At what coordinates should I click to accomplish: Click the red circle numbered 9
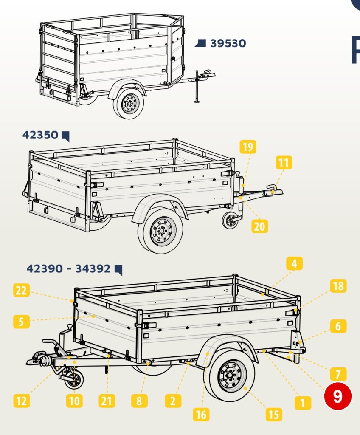(338, 396)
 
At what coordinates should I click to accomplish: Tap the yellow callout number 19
(248, 147)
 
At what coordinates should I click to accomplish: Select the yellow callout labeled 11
(284, 162)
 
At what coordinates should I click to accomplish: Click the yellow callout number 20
(260, 226)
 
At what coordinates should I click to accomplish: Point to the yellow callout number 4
(294, 263)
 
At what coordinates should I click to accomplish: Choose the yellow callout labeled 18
(338, 286)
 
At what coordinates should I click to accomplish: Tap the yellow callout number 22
(21, 290)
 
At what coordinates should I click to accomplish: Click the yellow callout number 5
(21, 322)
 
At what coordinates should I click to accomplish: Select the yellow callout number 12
(21, 401)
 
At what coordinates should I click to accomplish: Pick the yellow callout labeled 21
(107, 401)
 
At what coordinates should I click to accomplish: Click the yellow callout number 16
(201, 415)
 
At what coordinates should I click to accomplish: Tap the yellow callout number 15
(274, 415)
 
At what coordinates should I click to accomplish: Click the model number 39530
(228, 43)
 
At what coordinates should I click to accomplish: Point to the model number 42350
(40, 135)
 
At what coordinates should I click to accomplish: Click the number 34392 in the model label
(93, 268)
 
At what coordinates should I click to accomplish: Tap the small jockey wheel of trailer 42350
(230, 220)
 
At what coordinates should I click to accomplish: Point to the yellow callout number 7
(338, 374)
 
